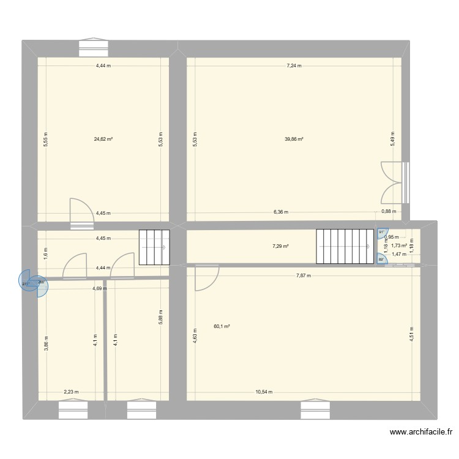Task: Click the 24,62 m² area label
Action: [x=103, y=139]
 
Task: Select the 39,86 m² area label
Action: [x=294, y=139]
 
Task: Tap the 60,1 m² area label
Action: [x=222, y=326]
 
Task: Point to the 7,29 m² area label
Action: [x=281, y=246]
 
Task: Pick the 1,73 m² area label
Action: [x=399, y=245]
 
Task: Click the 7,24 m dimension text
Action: [x=294, y=65]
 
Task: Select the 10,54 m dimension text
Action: [x=264, y=392]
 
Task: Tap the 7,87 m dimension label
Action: [x=303, y=275]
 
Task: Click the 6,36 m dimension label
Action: [x=280, y=212]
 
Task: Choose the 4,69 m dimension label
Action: [x=100, y=288]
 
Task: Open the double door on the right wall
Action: [x=394, y=182]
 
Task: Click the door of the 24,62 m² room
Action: [x=79, y=212]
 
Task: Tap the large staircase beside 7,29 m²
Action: [x=345, y=247]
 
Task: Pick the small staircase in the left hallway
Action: [x=154, y=247]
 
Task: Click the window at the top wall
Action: [x=94, y=43]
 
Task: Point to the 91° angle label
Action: [x=381, y=232]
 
